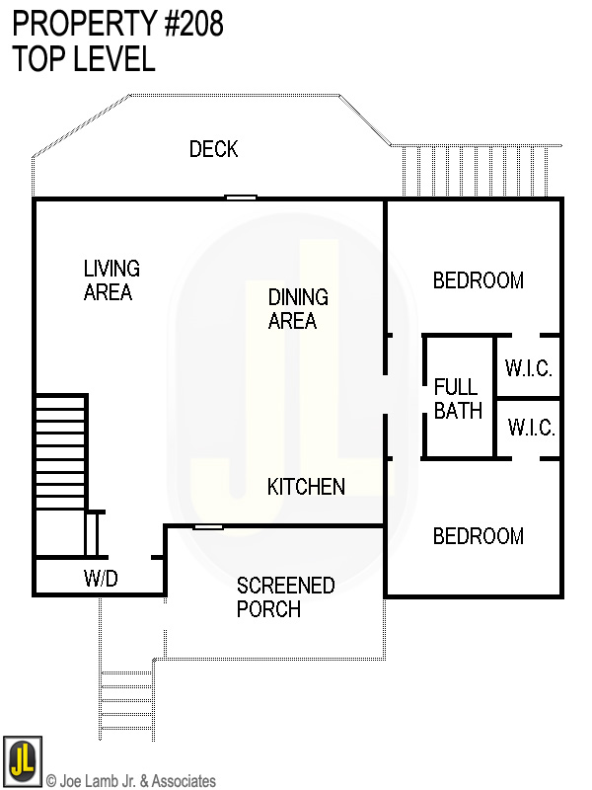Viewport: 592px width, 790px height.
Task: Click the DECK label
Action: pos(214,149)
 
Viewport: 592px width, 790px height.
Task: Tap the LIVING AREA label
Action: pos(111,280)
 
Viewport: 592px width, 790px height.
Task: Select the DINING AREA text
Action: pos(298,309)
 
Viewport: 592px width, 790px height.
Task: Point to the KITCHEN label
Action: pos(306,487)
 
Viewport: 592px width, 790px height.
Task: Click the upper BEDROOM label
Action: pos(478,280)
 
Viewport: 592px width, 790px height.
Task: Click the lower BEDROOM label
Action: pos(478,536)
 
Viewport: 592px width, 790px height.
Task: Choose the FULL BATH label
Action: pos(458,399)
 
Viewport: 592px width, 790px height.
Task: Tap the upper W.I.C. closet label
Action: pos(529,368)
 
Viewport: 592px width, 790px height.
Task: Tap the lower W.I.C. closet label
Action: pos(531,429)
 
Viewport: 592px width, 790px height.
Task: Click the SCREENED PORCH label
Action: pos(284,597)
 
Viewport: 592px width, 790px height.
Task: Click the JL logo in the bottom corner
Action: pos(22,757)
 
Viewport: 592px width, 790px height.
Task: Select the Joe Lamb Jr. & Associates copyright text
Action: pos(130,781)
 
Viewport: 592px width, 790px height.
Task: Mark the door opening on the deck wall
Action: pos(241,197)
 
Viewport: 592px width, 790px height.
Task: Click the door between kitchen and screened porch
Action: pos(208,526)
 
